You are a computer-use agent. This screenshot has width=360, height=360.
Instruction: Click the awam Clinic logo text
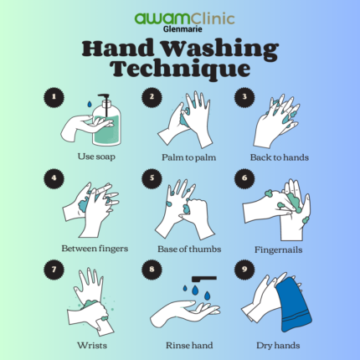click(179, 16)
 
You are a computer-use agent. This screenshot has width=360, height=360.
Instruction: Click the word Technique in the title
click(179, 67)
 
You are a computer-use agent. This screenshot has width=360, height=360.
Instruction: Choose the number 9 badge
click(244, 270)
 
